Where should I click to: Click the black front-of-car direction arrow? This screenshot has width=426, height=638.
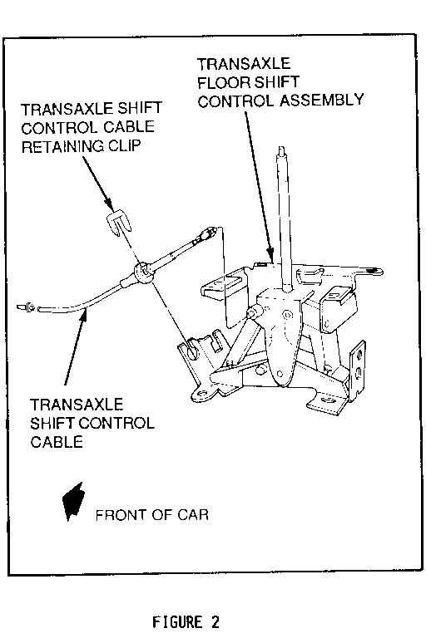coord(73,502)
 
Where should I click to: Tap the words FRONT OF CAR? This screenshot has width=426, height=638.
coord(151,515)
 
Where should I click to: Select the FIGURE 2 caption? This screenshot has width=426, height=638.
coord(186,622)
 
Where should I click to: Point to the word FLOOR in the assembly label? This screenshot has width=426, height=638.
coord(222,82)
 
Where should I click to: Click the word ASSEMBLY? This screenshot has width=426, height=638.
coord(321,100)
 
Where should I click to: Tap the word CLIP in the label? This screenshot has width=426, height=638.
coord(124,145)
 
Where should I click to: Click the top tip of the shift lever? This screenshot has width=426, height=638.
coord(281,148)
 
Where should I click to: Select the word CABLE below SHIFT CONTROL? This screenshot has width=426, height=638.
coord(57,442)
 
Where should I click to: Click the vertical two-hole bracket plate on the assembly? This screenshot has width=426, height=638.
coord(359,368)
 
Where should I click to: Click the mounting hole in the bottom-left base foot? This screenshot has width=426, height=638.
coord(201,394)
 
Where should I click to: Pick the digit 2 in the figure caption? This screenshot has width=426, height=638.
coord(215,622)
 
